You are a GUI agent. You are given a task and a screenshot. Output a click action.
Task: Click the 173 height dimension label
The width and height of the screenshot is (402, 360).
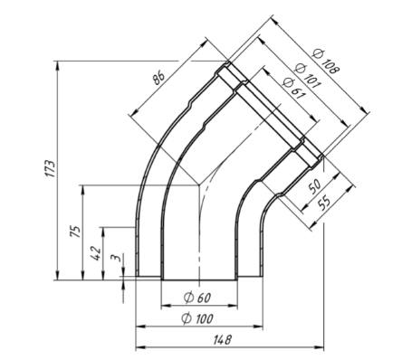[51, 168]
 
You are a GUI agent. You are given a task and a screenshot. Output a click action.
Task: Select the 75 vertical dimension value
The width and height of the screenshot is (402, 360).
[76, 232]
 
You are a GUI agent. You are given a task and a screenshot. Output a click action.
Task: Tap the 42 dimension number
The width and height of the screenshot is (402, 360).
[95, 253]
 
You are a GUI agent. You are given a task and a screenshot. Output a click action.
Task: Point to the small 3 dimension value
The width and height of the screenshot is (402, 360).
[116, 258]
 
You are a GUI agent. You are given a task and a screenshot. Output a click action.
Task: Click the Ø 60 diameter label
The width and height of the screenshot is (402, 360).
[197, 298]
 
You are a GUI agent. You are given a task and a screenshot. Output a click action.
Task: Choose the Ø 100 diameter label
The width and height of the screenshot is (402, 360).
[197, 318]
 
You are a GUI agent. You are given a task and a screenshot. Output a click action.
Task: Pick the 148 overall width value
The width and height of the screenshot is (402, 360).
[223, 340]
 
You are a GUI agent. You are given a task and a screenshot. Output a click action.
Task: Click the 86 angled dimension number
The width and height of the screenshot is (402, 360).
[158, 78]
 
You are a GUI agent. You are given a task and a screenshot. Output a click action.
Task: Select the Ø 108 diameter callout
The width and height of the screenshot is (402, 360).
[326, 62]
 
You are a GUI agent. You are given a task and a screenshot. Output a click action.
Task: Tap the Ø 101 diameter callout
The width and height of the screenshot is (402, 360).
[307, 76]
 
